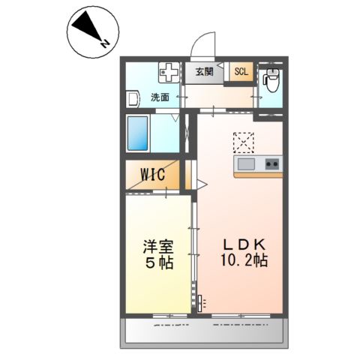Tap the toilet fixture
(271, 78)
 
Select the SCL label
(241, 72)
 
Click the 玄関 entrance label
(205, 72)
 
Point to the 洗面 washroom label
(159, 97)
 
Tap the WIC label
(153, 175)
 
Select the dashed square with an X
(244, 142)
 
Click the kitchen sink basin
(247, 163)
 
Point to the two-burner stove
(271, 163)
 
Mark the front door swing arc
(202, 45)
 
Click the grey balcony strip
(203, 331)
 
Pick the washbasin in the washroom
(133, 98)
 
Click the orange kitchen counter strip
(257, 175)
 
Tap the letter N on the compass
(107, 43)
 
